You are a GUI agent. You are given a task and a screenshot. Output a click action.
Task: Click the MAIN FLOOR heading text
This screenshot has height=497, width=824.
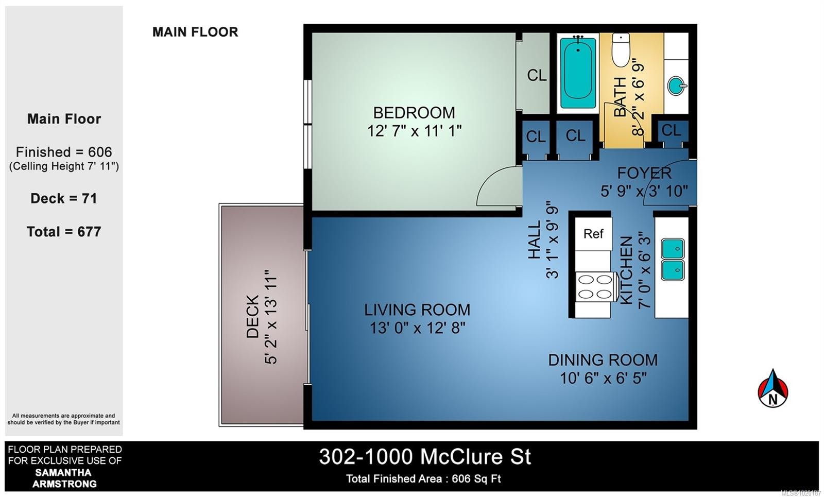coord(195,32)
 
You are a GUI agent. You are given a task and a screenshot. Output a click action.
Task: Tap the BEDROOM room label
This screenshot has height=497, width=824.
coord(414,113)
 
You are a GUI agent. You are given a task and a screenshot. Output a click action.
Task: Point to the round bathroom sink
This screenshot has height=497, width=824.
coord(676,85)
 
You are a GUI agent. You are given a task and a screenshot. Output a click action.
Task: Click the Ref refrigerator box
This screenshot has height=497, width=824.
coord(593,234)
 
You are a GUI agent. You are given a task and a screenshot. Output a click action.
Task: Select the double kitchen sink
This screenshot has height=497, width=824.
coord(672,259)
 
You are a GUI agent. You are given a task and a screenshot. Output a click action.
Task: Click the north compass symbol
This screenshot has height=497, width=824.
coord(772,389)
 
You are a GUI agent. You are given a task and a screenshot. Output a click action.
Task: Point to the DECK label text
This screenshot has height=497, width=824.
coord(252,316)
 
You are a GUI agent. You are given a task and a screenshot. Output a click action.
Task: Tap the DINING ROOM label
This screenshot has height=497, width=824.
coord(603,360)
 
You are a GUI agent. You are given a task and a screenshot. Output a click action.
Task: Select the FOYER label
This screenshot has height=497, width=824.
coord(644,173)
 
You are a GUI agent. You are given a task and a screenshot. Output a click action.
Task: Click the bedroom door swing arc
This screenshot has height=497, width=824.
coord(494,185)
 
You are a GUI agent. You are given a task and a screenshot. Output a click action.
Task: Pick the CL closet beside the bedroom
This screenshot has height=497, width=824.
coord(537,76)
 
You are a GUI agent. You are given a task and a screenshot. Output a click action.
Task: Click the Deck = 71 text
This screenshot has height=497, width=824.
coord(64,198)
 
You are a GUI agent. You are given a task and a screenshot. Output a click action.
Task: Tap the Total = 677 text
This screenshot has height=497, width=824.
coord(64,232)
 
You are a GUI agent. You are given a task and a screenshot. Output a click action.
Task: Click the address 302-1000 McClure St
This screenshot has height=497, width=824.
coord(424,457)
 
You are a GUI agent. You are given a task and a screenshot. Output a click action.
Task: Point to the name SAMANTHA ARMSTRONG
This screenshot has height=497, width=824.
coord(64,478)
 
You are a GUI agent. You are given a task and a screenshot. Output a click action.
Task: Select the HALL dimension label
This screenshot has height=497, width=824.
coord(543,240)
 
